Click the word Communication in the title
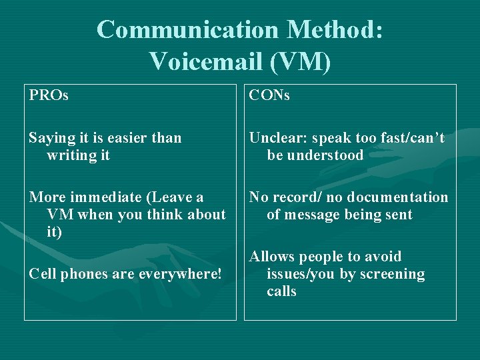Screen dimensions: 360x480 point(187,30)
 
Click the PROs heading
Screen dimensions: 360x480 point(49,96)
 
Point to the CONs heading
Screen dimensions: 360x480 point(269,96)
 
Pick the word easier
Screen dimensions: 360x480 point(126,138)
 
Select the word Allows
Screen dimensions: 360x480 point(272,257)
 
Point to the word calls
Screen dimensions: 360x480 point(281,291)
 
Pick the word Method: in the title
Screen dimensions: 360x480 point(335,30)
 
